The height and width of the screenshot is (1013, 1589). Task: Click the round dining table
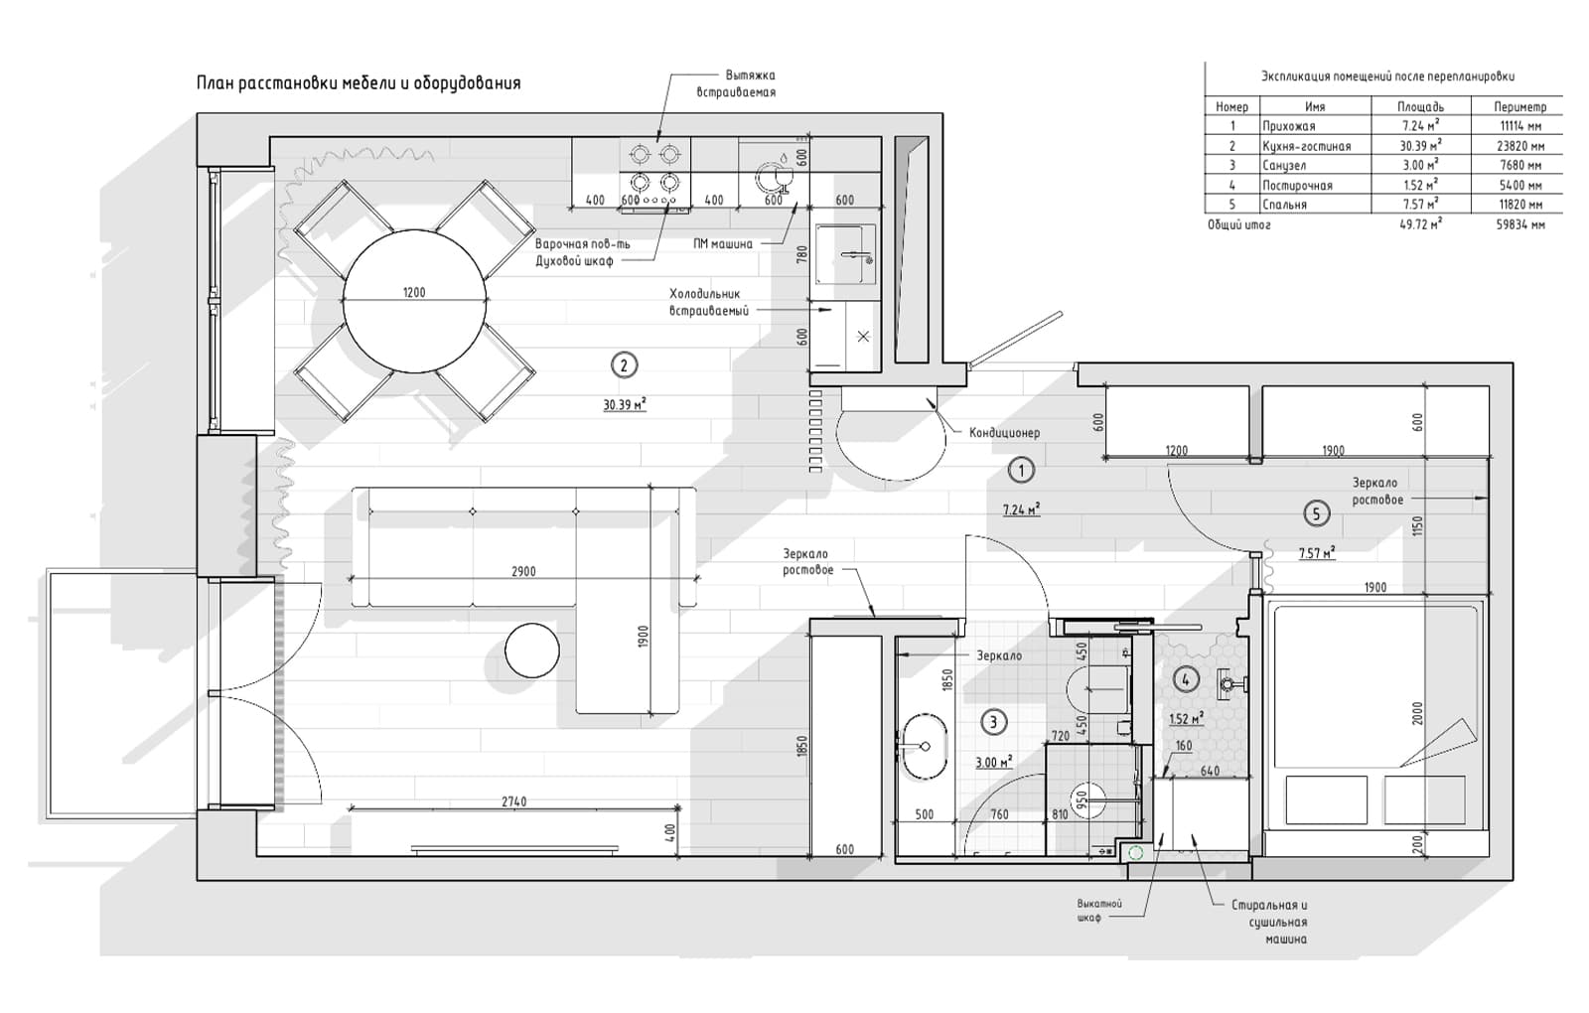pos(415,301)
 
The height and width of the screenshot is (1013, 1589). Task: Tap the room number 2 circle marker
pos(624,366)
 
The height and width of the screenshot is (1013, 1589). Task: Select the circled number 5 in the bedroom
pos(1317,513)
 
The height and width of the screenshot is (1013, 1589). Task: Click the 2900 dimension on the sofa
pos(523,572)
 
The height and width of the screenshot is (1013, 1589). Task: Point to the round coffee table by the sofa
pos(532,650)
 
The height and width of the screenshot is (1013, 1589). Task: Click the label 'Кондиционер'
pos(1004,433)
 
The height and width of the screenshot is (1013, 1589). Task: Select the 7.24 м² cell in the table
pos(1420,126)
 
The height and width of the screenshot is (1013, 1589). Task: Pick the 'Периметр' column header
pos(1519,107)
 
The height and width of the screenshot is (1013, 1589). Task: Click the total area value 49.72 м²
pos(1420,224)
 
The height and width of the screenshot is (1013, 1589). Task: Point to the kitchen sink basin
pos(844,254)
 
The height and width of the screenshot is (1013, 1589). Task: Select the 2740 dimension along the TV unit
pos(514,801)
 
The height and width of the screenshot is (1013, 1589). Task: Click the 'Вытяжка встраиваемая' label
pos(736,83)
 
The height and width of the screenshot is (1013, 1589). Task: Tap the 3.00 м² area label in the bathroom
pos(994,763)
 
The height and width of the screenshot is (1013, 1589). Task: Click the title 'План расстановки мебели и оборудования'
pos(359,83)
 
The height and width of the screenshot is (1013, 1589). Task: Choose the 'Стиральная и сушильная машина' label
pos(1270,923)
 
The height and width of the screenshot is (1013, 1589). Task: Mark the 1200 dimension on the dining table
pos(414,292)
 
